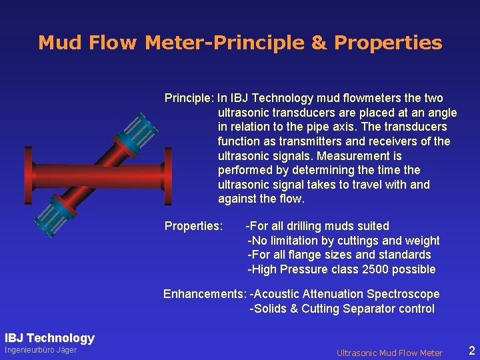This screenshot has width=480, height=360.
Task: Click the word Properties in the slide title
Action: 388,43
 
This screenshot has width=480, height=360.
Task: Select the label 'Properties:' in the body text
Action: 193,226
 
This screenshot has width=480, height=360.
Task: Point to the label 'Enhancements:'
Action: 205,294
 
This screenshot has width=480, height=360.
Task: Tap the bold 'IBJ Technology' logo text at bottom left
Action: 49,338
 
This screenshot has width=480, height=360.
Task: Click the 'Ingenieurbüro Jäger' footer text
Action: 41,351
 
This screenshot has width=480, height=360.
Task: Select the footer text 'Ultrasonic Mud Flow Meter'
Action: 389,353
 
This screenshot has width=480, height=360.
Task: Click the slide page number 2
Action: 471,351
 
